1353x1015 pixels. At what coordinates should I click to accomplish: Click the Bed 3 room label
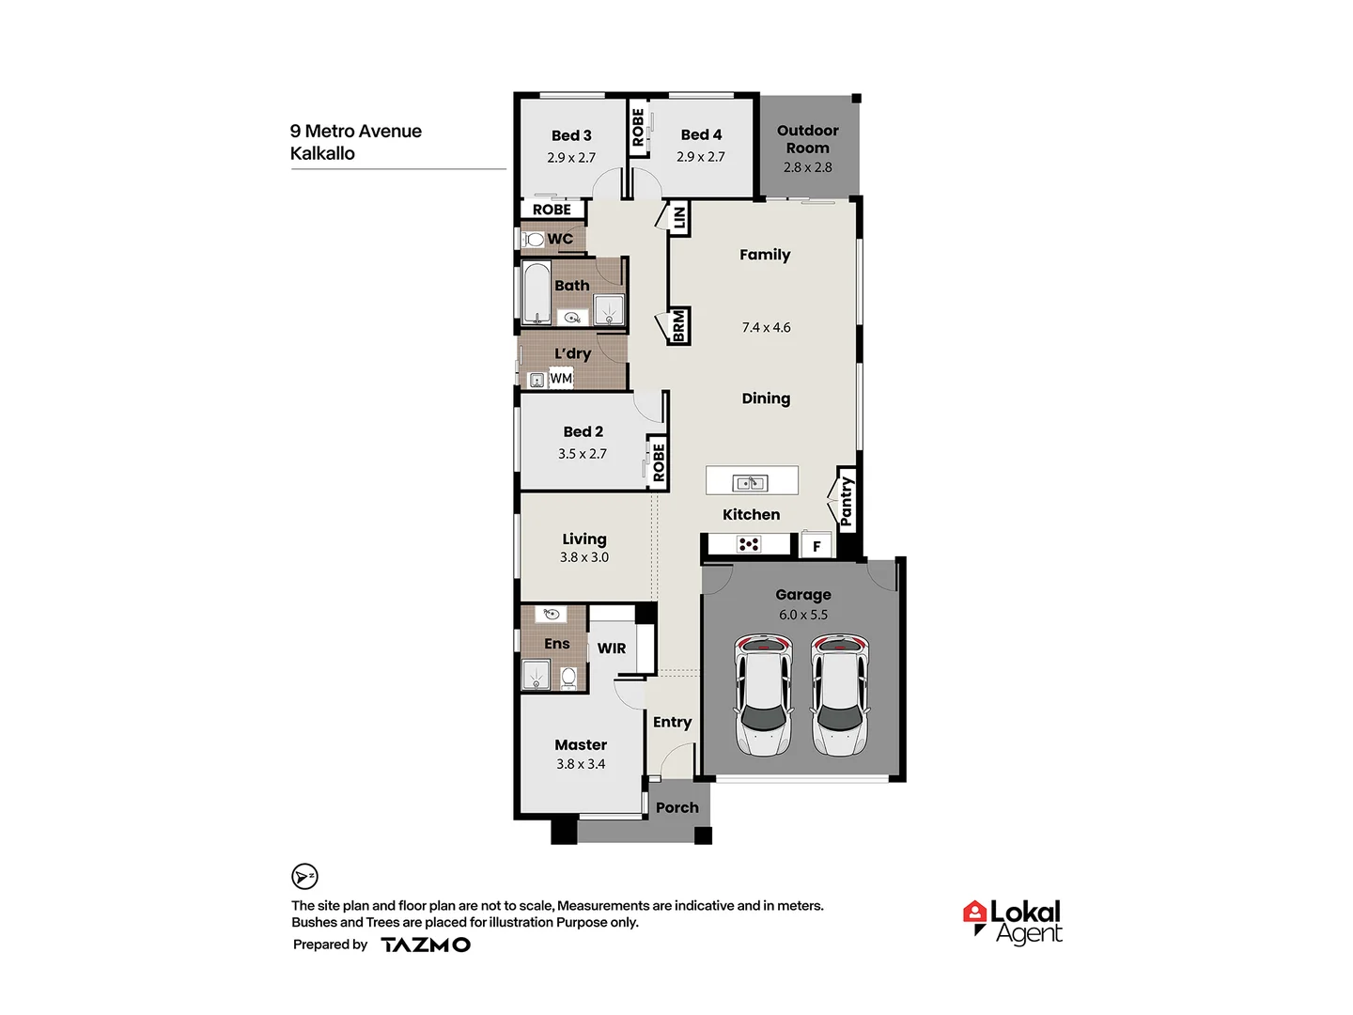point(571,135)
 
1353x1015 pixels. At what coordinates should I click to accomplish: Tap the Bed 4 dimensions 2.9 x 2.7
point(701,157)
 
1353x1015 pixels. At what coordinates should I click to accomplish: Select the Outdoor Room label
point(808,139)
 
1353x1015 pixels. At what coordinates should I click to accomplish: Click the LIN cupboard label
point(679,218)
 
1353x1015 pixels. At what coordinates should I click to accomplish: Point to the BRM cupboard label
point(679,326)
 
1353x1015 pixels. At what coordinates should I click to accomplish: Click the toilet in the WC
point(534,240)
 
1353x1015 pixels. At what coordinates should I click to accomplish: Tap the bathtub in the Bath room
point(537,293)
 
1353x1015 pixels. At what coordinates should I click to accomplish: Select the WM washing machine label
point(561,379)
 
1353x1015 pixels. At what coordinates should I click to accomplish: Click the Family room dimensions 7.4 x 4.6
point(766,328)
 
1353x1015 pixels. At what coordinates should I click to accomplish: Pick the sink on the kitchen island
point(750,483)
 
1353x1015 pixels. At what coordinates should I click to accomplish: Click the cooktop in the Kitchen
point(749,544)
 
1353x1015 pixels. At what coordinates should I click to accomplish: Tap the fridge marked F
point(816,546)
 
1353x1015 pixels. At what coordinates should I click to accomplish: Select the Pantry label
point(846,501)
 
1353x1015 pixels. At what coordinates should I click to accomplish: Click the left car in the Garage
point(763,695)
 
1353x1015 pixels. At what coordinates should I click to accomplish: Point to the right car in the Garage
point(840,695)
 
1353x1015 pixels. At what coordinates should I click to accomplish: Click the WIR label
point(612,648)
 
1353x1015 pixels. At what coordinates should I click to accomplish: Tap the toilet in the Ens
point(568,677)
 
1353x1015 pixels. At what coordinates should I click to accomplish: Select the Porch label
point(677,808)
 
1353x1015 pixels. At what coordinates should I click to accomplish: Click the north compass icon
point(304,877)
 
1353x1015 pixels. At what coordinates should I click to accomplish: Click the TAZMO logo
point(426,945)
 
